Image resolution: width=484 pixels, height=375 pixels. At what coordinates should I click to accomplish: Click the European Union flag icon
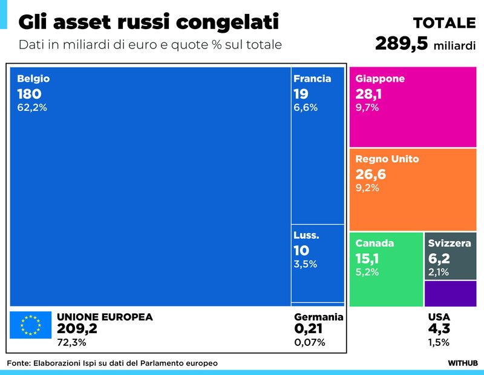[x=30, y=325]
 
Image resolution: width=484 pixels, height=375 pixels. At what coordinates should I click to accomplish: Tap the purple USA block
[x=450, y=293]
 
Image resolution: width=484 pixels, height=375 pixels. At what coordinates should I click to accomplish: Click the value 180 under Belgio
[x=29, y=94]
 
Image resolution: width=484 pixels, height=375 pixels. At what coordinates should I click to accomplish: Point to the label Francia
[x=312, y=79]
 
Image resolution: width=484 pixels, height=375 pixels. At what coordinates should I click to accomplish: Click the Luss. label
[x=306, y=235]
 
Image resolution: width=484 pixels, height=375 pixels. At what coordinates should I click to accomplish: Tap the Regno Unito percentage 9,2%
[x=367, y=188]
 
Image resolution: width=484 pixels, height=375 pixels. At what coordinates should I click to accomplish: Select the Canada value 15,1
[x=367, y=258]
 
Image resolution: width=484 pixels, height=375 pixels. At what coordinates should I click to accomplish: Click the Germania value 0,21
[x=308, y=329]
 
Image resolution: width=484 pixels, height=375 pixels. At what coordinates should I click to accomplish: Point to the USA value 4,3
[x=439, y=329]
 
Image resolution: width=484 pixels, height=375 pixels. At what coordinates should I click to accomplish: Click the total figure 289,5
[x=402, y=44]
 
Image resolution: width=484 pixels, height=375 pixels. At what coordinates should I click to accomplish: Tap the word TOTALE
[x=444, y=23]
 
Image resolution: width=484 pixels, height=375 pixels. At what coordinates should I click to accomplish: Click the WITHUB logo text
[x=462, y=363]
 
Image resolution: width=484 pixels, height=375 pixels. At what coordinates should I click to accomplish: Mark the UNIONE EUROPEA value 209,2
[x=77, y=329]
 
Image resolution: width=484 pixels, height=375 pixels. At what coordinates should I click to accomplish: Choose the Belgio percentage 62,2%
[x=32, y=108]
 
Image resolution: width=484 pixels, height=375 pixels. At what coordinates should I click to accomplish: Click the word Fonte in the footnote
[x=19, y=363]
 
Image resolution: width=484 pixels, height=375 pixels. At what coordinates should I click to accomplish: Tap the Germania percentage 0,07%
[x=310, y=342]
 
